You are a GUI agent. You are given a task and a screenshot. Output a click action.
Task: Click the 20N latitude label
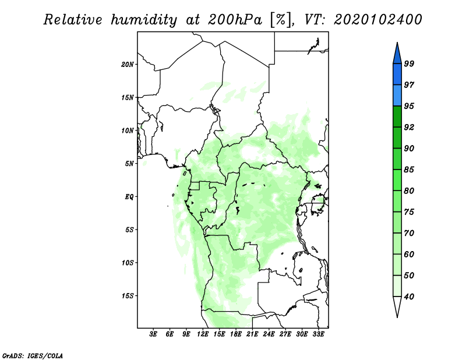[127, 65]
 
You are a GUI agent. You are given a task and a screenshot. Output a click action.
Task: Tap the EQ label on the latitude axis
[129, 197]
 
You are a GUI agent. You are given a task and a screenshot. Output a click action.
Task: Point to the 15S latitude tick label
[127, 296]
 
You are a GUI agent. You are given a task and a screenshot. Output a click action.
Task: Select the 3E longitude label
[153, 334]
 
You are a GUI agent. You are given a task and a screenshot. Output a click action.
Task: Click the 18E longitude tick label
[236, 334]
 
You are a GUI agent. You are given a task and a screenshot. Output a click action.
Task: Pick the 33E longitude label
[318, 334]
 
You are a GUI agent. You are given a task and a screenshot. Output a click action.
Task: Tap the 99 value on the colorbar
[409, 63]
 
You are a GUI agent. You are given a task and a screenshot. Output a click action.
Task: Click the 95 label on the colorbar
[409, 106]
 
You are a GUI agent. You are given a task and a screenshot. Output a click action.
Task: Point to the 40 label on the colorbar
[409, 297]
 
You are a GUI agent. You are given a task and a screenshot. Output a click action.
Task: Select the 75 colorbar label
[409, 212]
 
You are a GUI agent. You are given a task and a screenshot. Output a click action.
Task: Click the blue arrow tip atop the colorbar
[397, 43]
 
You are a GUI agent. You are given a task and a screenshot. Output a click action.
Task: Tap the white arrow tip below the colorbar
[397, 317]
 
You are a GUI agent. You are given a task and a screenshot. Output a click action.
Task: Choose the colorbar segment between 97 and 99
[397, 75]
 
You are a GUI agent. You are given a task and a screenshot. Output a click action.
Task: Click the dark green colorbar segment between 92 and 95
[397, 117]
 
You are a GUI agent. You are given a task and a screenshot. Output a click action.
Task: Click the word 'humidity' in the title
[144, 20]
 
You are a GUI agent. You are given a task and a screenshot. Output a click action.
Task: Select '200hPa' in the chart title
[235, 20]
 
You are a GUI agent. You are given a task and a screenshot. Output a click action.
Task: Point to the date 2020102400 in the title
[377, 20]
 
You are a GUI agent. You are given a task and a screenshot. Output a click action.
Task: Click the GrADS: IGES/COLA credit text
[33, 356]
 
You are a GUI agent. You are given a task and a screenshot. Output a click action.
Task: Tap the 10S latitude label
[127, 263]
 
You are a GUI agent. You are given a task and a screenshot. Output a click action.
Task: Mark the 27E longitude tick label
[285, 334]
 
